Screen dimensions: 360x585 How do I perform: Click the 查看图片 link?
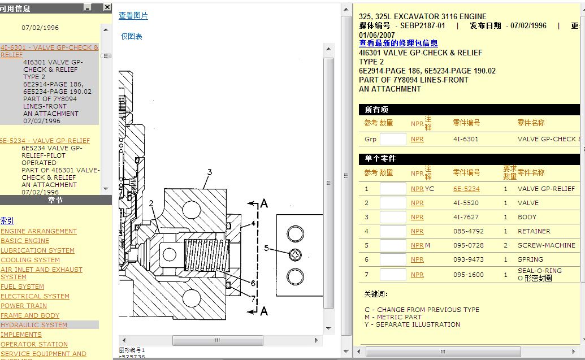point(133,16)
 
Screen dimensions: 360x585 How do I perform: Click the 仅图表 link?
point(131,36)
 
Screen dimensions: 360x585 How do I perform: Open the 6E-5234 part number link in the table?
point(466,189)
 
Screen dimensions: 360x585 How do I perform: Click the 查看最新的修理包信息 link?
point(398,43)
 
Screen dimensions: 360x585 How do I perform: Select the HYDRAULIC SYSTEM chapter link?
point(34,325)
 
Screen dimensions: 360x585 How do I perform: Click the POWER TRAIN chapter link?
point(24,306)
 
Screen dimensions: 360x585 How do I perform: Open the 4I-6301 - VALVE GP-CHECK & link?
point(49,48)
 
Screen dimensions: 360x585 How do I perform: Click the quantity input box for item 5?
point(393,245)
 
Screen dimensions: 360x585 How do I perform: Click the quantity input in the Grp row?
point(393,139)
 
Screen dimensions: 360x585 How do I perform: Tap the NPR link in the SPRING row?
point(417,259)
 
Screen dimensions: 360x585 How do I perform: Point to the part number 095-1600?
point(468,275)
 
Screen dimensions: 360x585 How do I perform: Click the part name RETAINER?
point(534,231)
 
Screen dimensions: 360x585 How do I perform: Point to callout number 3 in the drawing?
point(209,172)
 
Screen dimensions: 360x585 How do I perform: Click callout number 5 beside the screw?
point(266,248)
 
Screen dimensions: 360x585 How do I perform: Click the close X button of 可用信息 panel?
point(107,7)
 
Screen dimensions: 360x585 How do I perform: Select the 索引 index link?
point(7,221)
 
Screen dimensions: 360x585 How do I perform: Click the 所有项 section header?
point(376,110)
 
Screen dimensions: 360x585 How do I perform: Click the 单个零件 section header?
point(380,159)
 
